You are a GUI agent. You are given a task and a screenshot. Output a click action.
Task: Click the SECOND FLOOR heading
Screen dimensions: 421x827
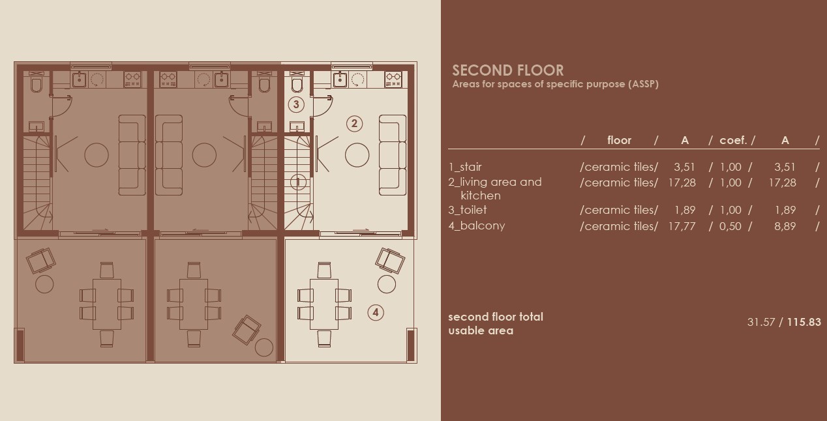[507, 70]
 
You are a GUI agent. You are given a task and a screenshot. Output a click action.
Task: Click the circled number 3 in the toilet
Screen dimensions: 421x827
[296, 104]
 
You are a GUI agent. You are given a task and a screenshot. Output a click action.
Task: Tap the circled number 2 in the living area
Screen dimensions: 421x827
[354, 123]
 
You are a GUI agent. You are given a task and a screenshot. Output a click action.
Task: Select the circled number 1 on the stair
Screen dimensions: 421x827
[298, 182]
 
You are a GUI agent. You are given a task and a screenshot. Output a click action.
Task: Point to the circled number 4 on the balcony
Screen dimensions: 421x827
[375, 312]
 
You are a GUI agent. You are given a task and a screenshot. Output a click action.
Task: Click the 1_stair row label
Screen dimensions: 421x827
[465, 167]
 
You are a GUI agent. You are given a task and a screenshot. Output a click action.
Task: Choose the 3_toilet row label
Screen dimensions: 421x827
[467, 210]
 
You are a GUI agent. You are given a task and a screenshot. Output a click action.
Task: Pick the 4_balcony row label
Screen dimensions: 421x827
[476, 225]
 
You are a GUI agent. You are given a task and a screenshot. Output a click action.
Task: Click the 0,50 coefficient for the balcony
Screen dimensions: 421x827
[730, 226]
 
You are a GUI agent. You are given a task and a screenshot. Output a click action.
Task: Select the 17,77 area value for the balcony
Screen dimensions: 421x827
[682, 226]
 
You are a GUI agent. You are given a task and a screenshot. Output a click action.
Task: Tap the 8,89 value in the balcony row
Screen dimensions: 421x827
[785, 226]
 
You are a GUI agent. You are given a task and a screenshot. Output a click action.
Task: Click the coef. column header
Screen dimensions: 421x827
[733, 140]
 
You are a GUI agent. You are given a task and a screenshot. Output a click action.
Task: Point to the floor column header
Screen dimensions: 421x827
[619, 140]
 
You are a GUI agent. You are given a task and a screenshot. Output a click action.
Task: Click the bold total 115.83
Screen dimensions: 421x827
[804, 322]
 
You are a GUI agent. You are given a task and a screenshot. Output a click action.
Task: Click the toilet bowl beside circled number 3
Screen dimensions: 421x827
[297, 85]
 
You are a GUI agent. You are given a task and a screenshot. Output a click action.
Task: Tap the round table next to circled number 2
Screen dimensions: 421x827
[357, 155]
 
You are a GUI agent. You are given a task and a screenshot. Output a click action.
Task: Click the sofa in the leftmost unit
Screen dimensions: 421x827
[132, 155]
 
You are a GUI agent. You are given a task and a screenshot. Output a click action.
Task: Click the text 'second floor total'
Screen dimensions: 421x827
[495, 317]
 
